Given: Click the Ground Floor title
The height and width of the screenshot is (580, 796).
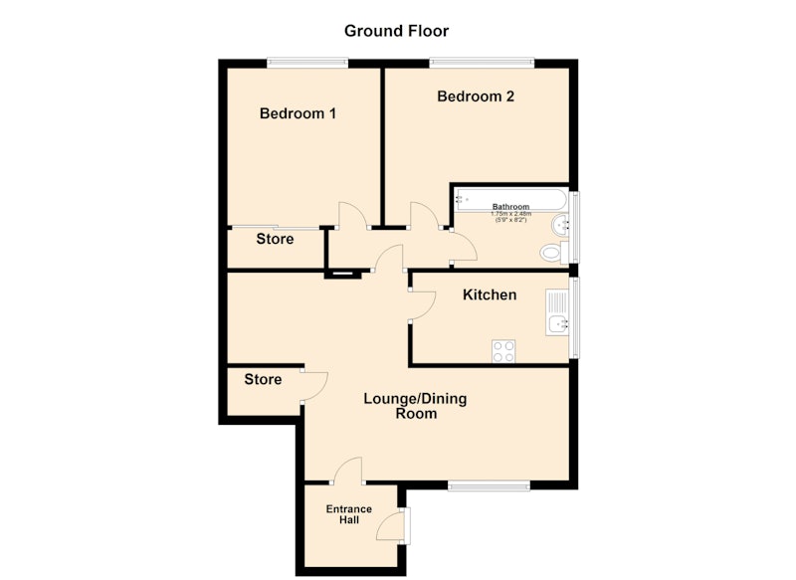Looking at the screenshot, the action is (396, 31).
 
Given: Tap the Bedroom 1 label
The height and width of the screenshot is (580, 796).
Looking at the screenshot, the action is (298, 113).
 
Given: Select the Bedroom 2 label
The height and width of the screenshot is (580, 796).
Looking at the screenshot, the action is (476, 97).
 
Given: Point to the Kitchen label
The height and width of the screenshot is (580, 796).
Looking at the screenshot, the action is (490, 294).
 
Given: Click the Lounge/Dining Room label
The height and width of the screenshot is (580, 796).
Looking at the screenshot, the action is (415, 406).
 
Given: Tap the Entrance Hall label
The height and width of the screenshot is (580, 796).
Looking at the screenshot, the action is (349, 514).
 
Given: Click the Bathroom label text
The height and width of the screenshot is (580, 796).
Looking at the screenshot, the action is (510, 207).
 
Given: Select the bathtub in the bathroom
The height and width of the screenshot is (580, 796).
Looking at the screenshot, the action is (510, 199).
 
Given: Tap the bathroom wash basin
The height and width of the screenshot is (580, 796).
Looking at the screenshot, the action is (560, 225).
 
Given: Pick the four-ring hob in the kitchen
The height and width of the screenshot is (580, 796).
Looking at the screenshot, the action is (503, 351).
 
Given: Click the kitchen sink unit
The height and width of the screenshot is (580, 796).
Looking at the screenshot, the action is (557, 311).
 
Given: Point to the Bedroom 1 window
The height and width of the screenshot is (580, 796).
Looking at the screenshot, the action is (307, 63).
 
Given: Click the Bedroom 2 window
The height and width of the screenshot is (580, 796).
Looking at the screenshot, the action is (482, 63).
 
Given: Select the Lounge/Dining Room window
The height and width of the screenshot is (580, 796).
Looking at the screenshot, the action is (489, 486).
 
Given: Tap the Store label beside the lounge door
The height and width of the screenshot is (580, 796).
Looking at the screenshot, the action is (263, 379).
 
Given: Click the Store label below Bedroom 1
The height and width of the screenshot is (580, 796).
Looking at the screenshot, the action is (275, 239).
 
